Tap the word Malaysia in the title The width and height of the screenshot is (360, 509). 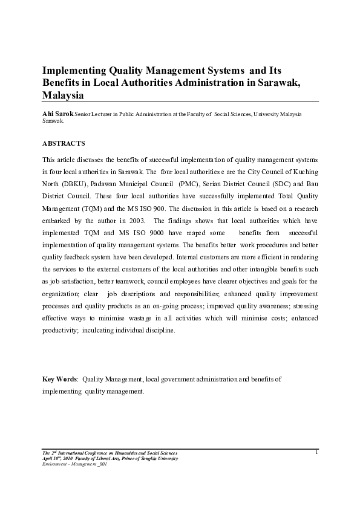pyautogui.click(x=63, y=95)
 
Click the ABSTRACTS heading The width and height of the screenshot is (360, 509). pyautogui.click(x=64, y=143)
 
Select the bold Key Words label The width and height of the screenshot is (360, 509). pyautogui.click(x=60, y=379)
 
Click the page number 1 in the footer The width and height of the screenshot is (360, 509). pyautogui.click(x=316, y=452)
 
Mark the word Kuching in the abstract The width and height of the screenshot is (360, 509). pyautogui.click(x=304, y=172)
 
